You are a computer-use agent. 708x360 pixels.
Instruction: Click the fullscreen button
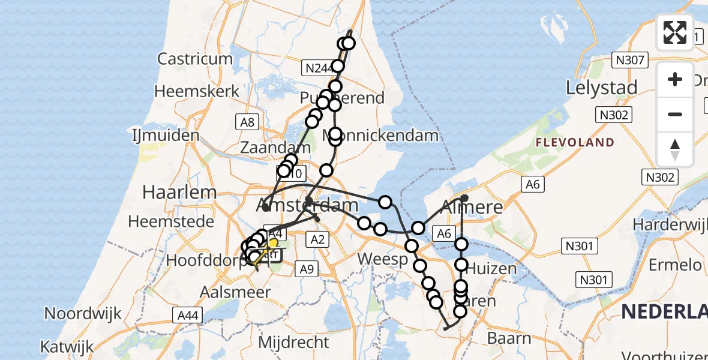click(x=675, y=32)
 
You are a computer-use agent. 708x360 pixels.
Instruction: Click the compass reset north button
click(x=675, y=149)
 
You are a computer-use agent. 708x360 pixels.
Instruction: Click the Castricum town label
click(x=195, y=59)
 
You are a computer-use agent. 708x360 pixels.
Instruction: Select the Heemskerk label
click(x=197, y=91)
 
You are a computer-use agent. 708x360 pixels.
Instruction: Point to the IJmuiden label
click(x=166, y=136)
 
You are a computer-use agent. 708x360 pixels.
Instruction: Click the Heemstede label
click(x=171, y=221)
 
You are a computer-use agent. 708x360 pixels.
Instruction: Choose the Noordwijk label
click(x=83, y=313)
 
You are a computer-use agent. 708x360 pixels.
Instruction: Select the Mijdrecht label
click(x=294, y=343)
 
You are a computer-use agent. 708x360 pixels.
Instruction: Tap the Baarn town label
click(x=509, y=338)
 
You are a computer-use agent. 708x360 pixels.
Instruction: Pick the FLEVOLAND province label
click(x=575, y=143)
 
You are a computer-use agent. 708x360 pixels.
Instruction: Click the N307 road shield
click(x=629, y=60)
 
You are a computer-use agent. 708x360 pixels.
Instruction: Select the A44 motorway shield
click(x=188, y=314)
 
